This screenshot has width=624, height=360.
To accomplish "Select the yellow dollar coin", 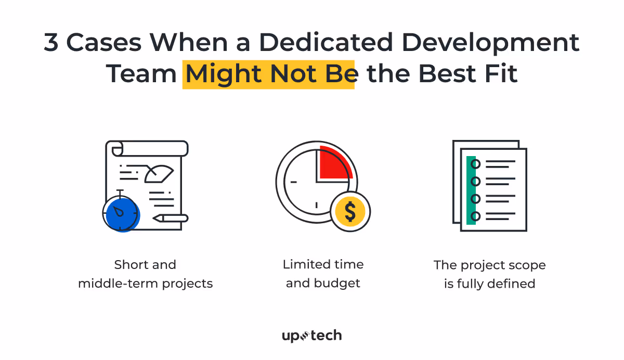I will click(350, 211).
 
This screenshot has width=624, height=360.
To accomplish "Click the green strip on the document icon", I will click(471, 190).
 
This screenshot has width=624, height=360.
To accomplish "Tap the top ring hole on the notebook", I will click(475, 164).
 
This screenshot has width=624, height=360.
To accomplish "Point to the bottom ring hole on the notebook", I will click(475, 215).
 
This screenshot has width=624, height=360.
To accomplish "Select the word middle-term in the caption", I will click(115, 284).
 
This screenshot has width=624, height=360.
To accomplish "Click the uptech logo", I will click(311, 336).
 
